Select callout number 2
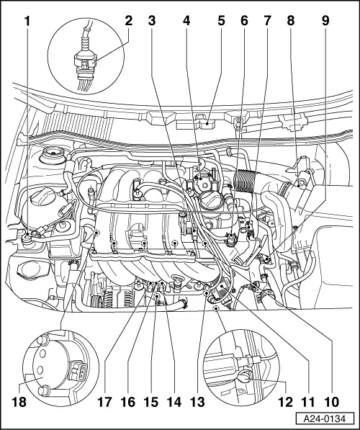(x=128, y=21)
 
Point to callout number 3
(x=151, y=21)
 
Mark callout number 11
(x=312, y=398)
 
